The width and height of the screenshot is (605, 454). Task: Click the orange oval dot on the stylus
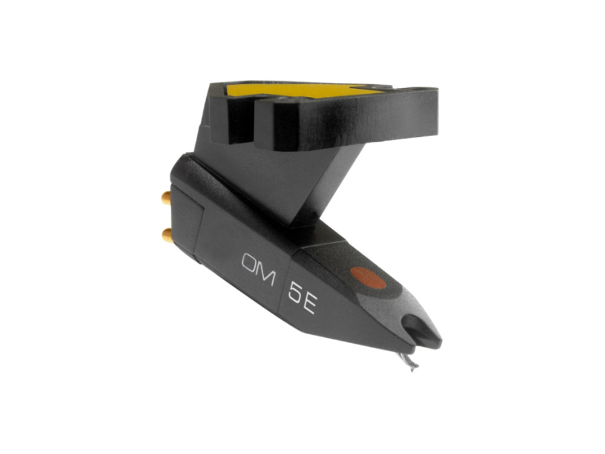point(368,278)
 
